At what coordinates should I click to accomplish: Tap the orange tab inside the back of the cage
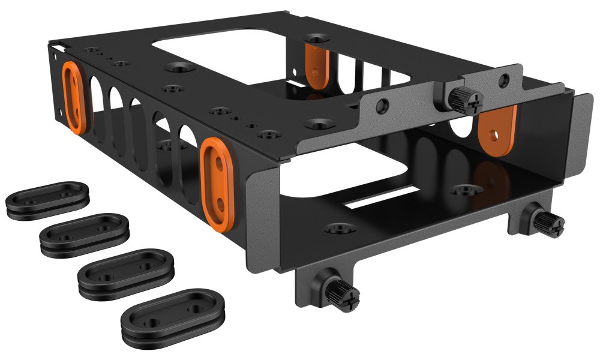tap(314, 64)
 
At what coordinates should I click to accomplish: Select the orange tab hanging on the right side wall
tap(497, 129)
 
